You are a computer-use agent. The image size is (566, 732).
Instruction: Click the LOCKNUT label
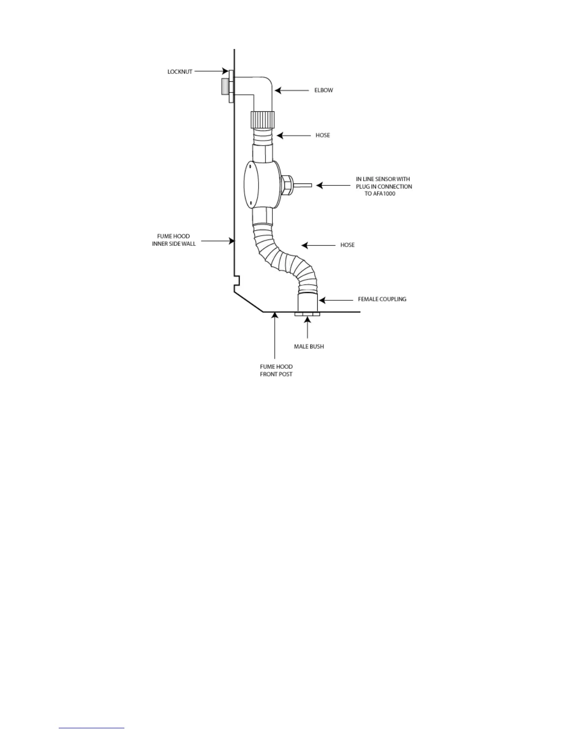pos(179,72)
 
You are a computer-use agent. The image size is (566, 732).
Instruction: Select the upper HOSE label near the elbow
pos(322,135)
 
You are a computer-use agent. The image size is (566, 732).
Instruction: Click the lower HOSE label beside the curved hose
pos(347,245)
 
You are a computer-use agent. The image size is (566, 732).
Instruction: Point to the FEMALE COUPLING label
pos(382,299)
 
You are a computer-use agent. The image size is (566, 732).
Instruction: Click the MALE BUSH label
pos(308,347)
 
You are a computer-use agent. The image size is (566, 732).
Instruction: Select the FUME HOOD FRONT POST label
pos(276,371)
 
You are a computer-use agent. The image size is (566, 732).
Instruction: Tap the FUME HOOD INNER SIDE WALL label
pos(174,240)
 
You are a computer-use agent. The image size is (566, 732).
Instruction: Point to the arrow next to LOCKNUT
pos(210,72)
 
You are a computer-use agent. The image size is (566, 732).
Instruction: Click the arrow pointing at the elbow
pos(292,91)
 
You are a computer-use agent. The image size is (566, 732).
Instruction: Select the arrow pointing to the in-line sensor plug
pos(333,186)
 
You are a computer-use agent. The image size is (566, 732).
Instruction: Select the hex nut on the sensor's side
pos(285,185)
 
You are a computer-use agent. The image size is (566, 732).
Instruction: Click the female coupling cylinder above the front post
pos(307,302)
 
